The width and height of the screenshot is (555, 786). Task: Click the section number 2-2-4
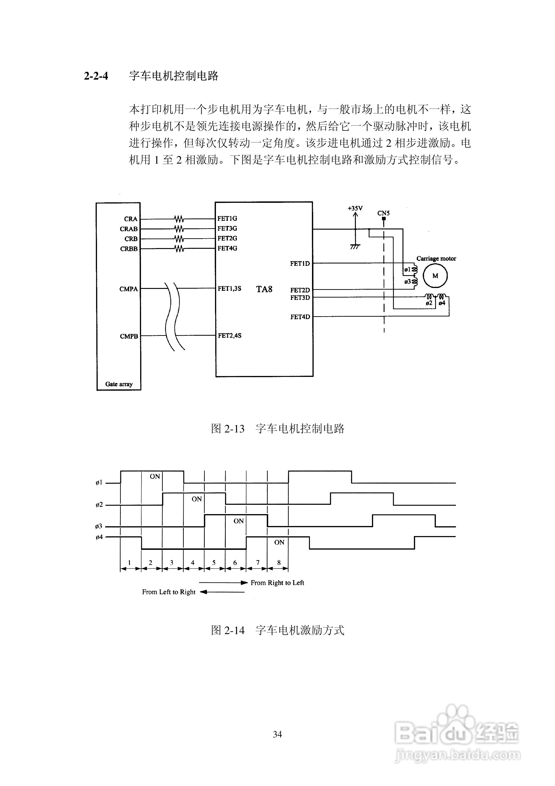[96, 76]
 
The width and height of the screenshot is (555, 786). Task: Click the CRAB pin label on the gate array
[129, 229]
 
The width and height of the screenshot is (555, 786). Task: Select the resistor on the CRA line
[179, 219]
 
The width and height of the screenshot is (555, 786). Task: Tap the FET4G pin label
[227, 248]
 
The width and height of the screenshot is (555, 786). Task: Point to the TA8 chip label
[264, 289]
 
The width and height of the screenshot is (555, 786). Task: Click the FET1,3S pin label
[229, 289]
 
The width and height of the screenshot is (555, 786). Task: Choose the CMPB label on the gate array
[129, 336]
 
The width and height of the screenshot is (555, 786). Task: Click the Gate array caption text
[119, 384]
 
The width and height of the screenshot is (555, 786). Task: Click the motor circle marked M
[435, 276]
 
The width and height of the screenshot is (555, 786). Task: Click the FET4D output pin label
[300, 317]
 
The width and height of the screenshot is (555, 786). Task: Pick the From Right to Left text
[277, 583]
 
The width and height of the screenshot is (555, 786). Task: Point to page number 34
[277, 734]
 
